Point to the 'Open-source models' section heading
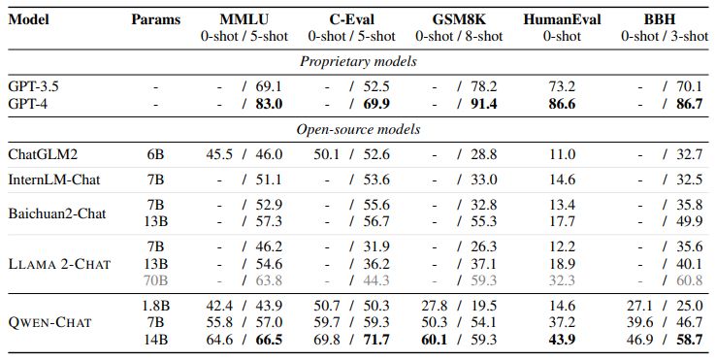[x=358, y=129]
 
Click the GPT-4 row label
[x=27, y=103]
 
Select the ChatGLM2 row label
[x=42, y=153]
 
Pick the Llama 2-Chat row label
[x=58, y=263]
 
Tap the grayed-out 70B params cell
[x=156, y=279]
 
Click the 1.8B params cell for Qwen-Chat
[x=156, y=305]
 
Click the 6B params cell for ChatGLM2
[x=156, y=153]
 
